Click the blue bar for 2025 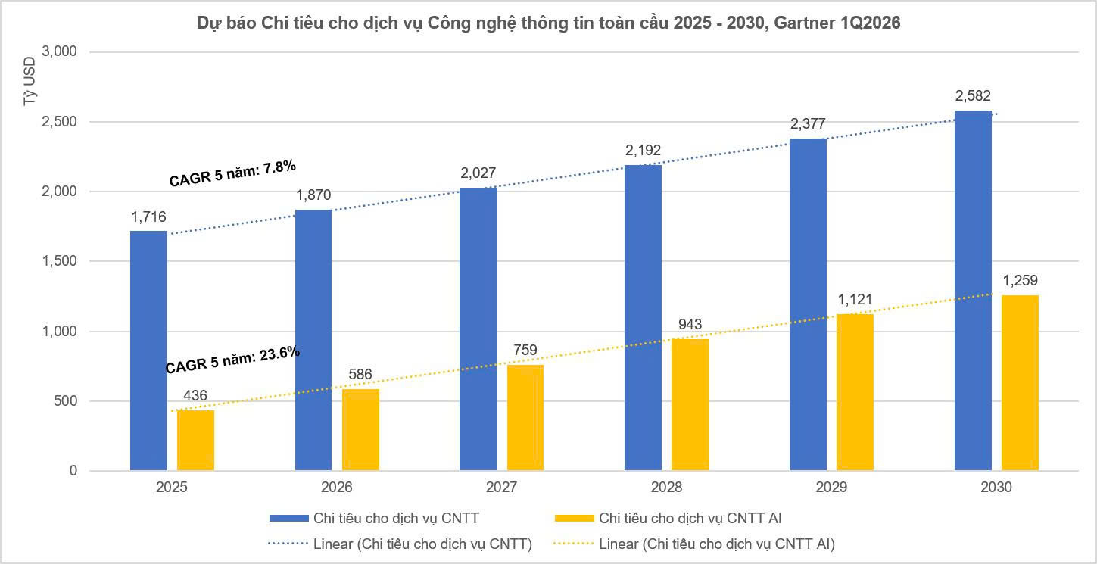[x=148, y=351]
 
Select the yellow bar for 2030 [x=1020, y=383]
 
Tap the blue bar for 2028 [x=643, y=318]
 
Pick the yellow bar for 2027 [x=525, y=418]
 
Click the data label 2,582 [x=973, y=96]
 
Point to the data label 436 [x=195, y=395]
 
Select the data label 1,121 [x=855, y=299]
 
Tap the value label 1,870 [x=313, y=195]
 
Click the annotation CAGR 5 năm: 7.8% [x=232, y=173]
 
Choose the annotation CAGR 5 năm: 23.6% [x=232, y=359]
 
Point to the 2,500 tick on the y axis [x=59, y=121]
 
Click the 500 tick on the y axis [x=65, y=401]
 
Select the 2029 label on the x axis [x=831, y=487]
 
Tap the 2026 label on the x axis [x=336, y=487]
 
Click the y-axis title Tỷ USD [x=30, y=81]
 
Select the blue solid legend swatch [x=289, y=518]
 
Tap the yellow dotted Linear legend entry [x=694, y=544]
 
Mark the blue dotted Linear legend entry [x=400, y=544]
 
